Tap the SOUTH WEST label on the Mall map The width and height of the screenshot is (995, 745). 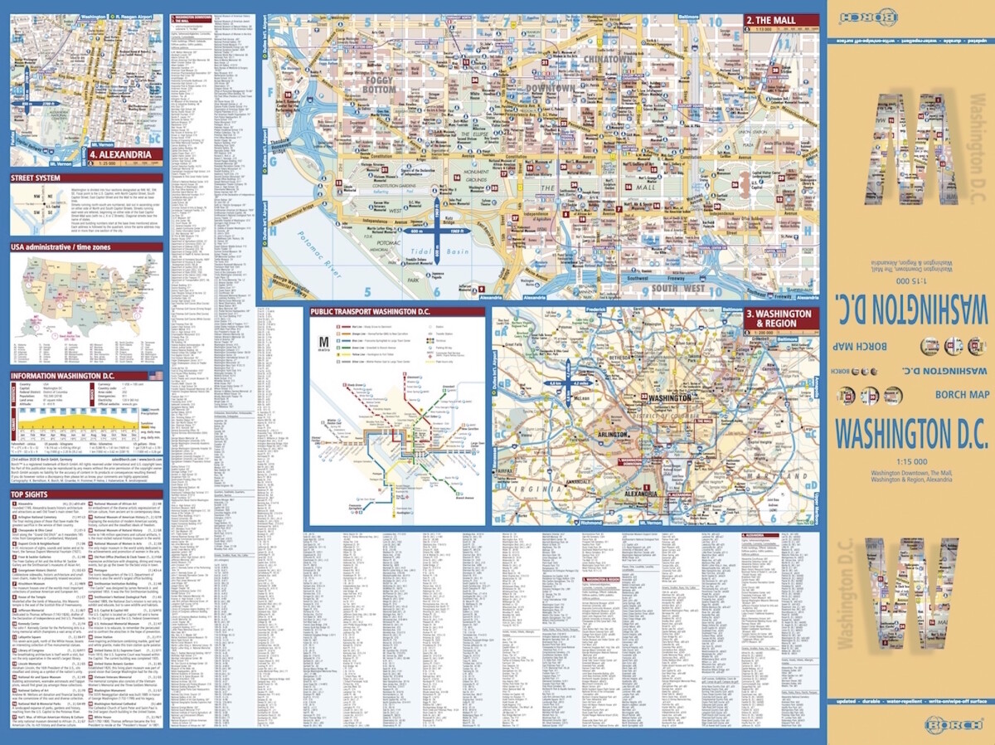(x=677, y=288)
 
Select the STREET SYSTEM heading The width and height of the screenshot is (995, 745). (x=35, y=177)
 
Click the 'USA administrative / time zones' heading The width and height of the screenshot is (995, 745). (x=63, y=247)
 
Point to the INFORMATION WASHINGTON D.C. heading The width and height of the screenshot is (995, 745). (x=62, y=376)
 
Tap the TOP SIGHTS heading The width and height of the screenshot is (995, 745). (x=29, y=495)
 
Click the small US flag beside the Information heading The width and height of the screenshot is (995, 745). (x=155, y=376)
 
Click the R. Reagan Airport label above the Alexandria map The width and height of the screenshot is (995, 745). (x=130, y=16)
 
